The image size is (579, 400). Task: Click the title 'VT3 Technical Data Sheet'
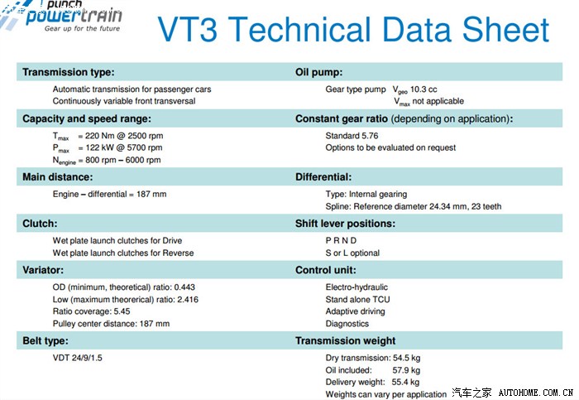353,30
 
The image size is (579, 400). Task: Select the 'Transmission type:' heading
68,72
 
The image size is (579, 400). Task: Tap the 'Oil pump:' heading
319,72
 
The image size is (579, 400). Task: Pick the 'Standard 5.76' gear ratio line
352,135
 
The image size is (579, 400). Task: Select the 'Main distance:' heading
57,176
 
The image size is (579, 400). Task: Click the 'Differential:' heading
323,176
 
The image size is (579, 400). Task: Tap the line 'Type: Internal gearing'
366,194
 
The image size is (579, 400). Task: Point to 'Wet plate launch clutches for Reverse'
123,253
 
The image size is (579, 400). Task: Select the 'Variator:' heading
43,270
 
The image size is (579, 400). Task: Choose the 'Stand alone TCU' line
357,299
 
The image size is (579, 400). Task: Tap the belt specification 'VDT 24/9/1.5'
84,358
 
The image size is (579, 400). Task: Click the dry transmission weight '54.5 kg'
405,358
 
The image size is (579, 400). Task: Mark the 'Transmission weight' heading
345,340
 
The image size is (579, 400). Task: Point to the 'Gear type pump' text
356,89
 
